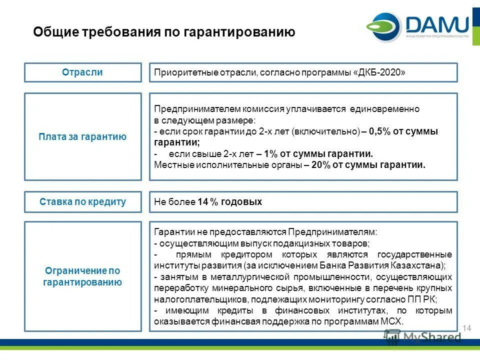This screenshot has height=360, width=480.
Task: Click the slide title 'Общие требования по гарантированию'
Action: [x=164, y=32]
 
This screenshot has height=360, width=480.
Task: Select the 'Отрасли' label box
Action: [x=83, y=72]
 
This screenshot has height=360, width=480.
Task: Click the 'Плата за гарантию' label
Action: [x=83, y=136]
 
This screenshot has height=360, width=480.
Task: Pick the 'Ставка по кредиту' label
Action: [x=83, y=202]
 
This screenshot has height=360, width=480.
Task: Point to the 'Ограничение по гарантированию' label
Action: [x=83, y=276]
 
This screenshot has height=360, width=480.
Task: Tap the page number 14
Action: [x=467, y=328]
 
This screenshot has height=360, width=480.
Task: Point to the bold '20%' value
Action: [x=320, y=164]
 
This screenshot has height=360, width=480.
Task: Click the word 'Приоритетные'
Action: [x=180, y=72]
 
